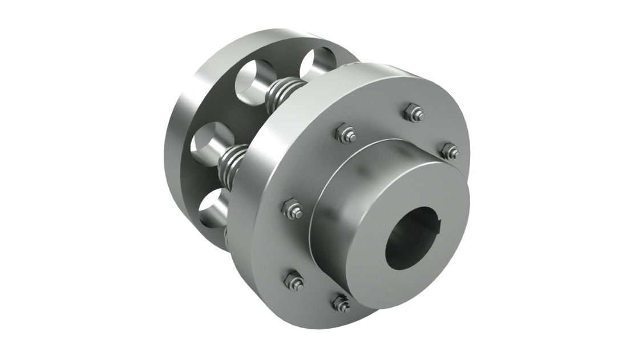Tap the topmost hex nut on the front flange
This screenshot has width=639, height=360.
[x=411, y=112]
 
